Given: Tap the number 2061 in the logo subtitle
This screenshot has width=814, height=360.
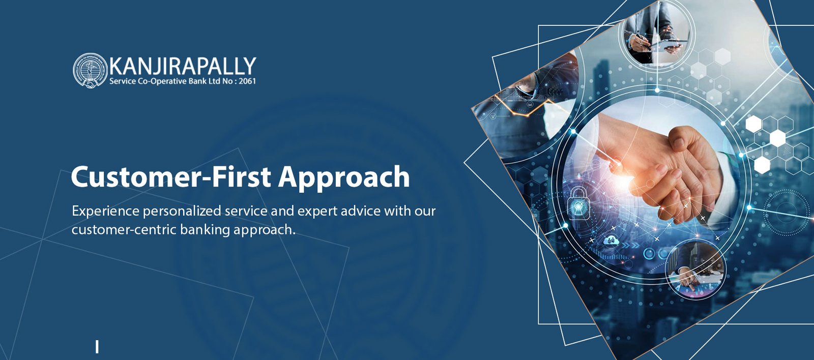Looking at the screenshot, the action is click(x=247, y=81).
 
